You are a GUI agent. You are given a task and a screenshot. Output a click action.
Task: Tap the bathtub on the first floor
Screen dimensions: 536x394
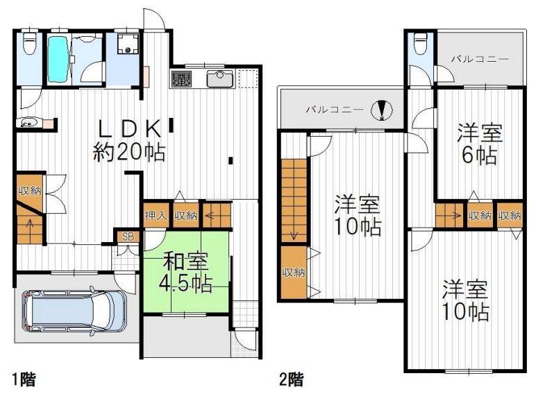58,60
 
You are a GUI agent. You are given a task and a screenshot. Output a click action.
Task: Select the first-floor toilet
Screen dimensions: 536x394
30,42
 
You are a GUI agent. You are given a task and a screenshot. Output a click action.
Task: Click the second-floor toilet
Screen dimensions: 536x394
420,43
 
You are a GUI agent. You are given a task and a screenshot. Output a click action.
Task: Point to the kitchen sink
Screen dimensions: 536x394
220,78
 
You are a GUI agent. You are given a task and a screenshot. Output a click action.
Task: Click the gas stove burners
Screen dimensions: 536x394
181,79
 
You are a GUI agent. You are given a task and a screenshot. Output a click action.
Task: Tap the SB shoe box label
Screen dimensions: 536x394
128,237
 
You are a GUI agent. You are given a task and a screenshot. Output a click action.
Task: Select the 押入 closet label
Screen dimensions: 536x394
156,216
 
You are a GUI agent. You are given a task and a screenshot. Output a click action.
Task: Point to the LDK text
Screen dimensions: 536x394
130,129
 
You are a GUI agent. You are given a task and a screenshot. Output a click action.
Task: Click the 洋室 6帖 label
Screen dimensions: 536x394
480,144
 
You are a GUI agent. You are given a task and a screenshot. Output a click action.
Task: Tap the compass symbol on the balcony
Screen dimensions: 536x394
382,110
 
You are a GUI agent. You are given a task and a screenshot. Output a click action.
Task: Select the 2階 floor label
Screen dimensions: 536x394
291,379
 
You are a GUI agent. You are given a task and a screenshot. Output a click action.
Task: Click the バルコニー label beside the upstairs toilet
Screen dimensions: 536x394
480,60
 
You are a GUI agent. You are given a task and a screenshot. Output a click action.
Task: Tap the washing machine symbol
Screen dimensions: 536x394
128,44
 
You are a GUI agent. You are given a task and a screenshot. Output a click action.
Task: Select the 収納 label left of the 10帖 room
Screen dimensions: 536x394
294,273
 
